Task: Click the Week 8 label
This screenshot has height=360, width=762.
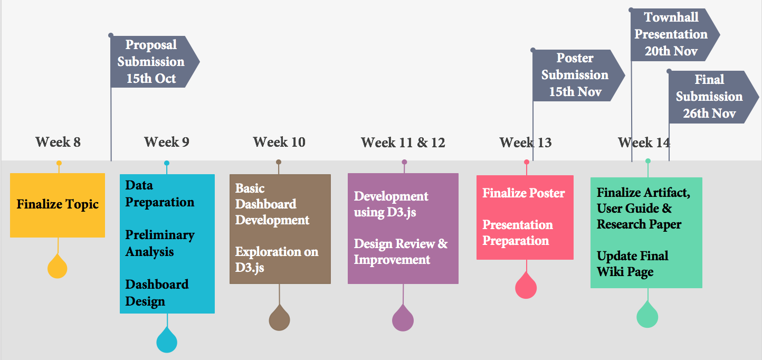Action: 58,142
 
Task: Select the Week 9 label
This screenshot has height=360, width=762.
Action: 167,142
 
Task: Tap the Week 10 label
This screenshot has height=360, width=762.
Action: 279,142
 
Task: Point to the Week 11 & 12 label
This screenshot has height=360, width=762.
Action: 403,142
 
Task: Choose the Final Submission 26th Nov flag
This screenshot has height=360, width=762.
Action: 713,97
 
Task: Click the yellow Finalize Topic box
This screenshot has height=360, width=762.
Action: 58,205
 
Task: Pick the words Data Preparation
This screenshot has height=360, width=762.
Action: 159,194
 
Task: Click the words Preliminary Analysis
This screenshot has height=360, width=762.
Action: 160,243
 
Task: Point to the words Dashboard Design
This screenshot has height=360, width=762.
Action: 157,293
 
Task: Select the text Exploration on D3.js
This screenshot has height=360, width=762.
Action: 277,259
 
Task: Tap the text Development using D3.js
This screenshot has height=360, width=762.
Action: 391,204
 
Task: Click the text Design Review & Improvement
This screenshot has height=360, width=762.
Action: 401,251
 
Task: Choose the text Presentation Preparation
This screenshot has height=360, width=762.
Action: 518,232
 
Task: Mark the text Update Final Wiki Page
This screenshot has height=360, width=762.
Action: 632,264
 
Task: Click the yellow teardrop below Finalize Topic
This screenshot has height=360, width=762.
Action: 57,268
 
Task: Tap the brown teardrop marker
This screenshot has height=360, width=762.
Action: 279,318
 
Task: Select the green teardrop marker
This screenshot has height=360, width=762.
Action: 647,315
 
